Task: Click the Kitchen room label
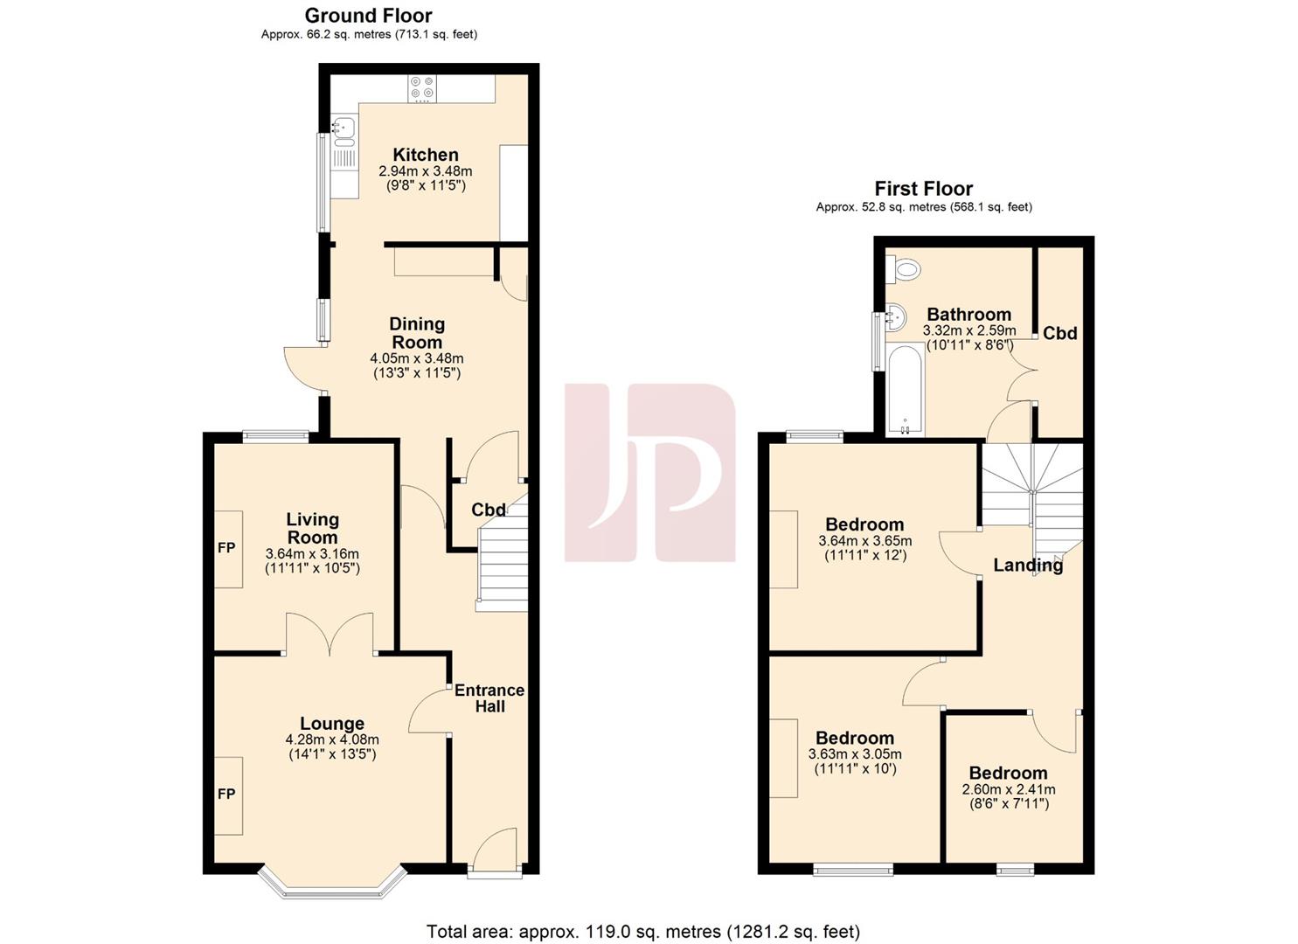pyautogui.click(x=425, y=155)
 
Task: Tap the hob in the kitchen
pyautogui.click(x=422, y=87)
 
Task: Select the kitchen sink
pyautogui.click(x=343, y=131)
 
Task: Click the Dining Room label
pyautogui.click(x=417, y=333)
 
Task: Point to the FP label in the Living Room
pyautogui.click(x=226, y=548)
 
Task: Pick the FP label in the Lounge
pyautogui.click(x=226, y=795)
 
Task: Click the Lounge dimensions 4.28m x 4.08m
pyautogui.click(x=332, y=739)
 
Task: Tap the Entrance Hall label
pyautogui.click(x=489, y=698)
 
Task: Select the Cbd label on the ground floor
pyautogui.click(x=489, y=510)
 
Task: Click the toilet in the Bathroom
pyautogui.click(x=905, y=268)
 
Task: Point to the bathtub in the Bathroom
pyautogui.click(x=905, y=390)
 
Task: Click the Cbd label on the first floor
pyautogui.click(x=1059, y=333)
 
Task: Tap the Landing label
pyautogui.click(x=1028, y=565)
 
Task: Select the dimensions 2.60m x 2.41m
pyautogui.click(x=1008, y=789)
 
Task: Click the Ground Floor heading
pyautogui.click(x=368, y=15)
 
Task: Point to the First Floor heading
pyautogui.click(x=923, y=188)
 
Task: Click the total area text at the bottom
pyautogui.click(x=642, y=931)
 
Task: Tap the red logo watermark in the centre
pyautogui.click(x=649, y=472)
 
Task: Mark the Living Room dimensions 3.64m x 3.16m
pyautogui.click(x=312, y=553)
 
